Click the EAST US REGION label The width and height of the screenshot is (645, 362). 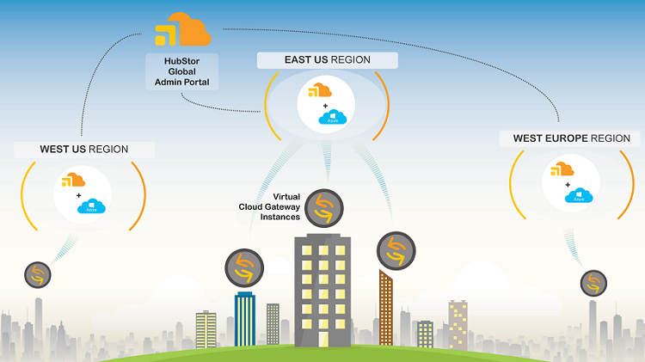327,60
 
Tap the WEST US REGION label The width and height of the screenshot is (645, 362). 84,149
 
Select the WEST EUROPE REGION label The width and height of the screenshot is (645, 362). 571,138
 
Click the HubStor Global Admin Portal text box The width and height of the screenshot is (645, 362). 181,71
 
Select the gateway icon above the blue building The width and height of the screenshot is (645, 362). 243,267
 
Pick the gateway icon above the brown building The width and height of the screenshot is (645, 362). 396,251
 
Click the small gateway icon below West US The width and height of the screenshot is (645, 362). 37,275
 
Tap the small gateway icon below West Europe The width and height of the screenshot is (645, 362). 593,282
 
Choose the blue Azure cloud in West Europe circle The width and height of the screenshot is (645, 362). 579,196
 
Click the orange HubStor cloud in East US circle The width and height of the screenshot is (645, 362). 320,90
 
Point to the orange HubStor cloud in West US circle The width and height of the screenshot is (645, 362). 74,181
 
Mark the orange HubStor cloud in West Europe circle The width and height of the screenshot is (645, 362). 562,169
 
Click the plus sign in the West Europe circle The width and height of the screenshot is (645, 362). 568,183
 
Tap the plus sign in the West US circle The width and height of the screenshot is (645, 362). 79,195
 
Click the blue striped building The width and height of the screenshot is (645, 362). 245,319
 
